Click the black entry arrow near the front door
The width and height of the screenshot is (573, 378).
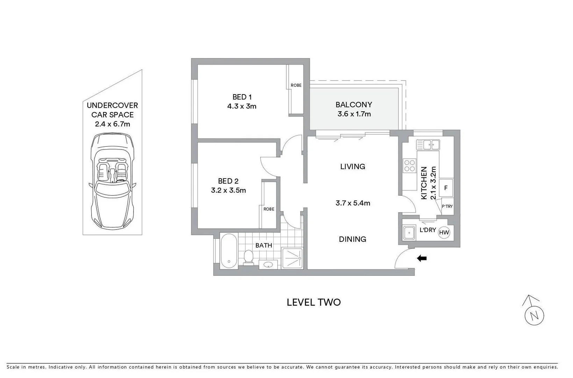tap(422, 259)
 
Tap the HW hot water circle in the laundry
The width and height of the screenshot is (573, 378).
tap(444, 232)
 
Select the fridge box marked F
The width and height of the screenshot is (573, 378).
tap(446, 188)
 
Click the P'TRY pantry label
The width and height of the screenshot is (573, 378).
tap(447, 206)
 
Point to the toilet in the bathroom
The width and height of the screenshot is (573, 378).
tap(248, 257)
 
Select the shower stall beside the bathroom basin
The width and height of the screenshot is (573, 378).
tap(292, 258)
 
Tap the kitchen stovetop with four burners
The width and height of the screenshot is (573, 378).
tap(409, 166)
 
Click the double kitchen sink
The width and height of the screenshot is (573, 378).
tap(428, 145)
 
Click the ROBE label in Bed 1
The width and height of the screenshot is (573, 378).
tap(296, 85)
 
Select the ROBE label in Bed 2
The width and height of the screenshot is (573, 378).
tap(268, 209)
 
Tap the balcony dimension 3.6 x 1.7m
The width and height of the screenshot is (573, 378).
tap(354, 114)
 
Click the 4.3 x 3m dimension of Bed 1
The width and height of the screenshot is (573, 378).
tap(242, 106)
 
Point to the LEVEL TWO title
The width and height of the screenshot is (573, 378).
tap(314, 302)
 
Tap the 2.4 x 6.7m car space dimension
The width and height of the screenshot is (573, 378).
tap(112, 124)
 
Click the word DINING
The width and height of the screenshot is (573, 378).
tap(352, 239)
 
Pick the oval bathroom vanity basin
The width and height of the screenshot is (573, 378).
tap(268, 265)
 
